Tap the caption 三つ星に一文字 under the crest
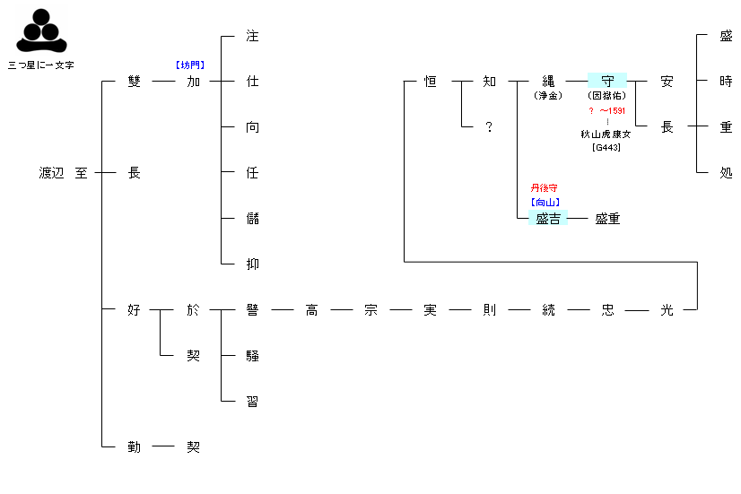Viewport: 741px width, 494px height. click(40, 65)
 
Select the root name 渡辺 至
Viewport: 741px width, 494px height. click(64, 173)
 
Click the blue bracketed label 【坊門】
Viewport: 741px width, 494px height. click(190, 65)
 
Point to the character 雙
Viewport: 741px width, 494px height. click(135, 82)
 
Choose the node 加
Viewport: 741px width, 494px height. click(193, 82)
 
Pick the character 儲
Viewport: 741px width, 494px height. click(252, 219)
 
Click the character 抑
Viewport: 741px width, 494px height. click(252, 264)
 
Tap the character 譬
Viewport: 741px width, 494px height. click(252, 310)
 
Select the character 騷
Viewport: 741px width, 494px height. click(252, 356)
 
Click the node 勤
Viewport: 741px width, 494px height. click(135, 446)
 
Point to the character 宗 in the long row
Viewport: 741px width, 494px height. click(370, 310)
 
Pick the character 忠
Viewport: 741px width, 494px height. click(607, 310)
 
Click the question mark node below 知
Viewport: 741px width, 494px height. click(489, 127)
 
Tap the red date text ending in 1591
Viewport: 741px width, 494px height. click(606, 110)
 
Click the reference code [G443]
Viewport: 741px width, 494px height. click(606, 147)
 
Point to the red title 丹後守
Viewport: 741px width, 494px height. click(545, 188)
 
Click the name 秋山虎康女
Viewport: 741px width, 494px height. click(606, 134)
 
